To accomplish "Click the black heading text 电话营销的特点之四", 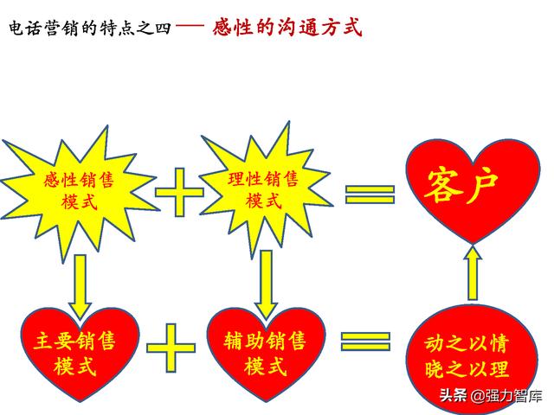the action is [x=90, y=28].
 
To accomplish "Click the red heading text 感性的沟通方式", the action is [x=287, y=27].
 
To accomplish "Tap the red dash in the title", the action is [x=190, y=25].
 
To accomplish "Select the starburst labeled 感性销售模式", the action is [x=80, y=192].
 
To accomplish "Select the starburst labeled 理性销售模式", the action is [x=265, y=190].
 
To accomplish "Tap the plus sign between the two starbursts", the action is [x=179, y=192].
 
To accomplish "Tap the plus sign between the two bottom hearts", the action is [x=171, y=348].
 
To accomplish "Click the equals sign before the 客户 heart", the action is [x=370, y=195].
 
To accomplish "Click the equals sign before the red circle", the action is [x=365, y=342].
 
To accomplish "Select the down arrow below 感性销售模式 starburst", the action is [x=81, y=286].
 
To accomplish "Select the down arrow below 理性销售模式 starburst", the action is [x=266, y=284].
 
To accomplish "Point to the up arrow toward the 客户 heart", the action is [x=473, y=273].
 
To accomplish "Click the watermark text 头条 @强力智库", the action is [x=491, y=396].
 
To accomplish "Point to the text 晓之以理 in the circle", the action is [x=467, y=369].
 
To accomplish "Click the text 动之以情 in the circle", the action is [x=467, y=343].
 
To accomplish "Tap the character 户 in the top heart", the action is [x=482, y=188].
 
